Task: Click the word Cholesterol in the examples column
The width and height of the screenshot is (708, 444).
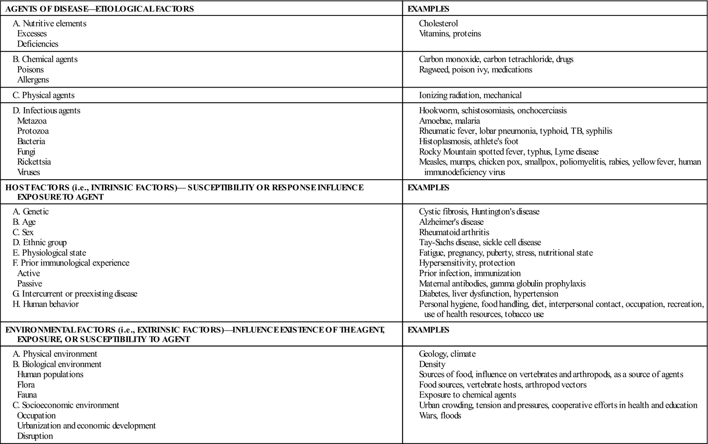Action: (438, 23)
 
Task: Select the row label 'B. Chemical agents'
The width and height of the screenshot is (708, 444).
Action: (45, 59)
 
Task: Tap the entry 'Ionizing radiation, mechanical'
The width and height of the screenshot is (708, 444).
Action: (470, 95)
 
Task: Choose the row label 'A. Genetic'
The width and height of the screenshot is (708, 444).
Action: (31, 212)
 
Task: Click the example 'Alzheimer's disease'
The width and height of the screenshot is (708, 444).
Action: (451, 222)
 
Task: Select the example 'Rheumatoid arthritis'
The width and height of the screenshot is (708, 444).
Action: (454, 232)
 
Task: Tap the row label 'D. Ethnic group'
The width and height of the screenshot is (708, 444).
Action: (39, 243)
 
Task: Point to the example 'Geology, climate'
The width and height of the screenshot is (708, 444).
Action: (447, 354)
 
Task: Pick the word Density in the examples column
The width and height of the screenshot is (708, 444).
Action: (432, 364)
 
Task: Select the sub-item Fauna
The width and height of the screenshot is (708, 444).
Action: (27, 395)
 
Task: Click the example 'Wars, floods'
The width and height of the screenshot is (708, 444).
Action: (440, 416)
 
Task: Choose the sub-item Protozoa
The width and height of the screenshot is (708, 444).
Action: (33, 131)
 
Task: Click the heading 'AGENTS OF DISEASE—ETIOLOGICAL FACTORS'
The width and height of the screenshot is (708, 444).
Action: (100, 9)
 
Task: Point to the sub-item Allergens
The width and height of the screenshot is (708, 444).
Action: (33, 80)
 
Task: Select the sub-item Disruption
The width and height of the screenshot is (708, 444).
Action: (35, 436)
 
